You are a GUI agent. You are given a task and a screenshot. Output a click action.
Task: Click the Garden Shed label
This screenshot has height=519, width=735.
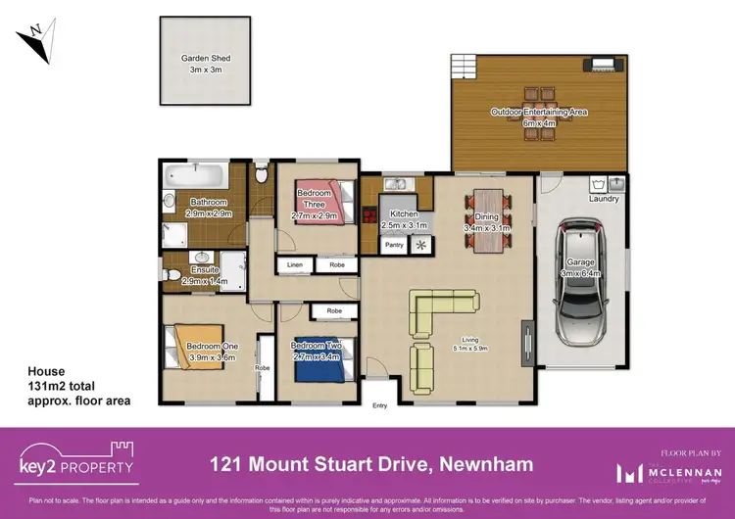point(206,59)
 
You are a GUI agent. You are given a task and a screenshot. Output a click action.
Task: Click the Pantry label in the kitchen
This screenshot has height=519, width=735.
point(395,245)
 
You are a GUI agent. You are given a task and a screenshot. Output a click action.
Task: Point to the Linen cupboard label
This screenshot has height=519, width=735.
point(295,265)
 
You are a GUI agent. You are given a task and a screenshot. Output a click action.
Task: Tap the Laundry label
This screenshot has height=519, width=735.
point(605,200)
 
